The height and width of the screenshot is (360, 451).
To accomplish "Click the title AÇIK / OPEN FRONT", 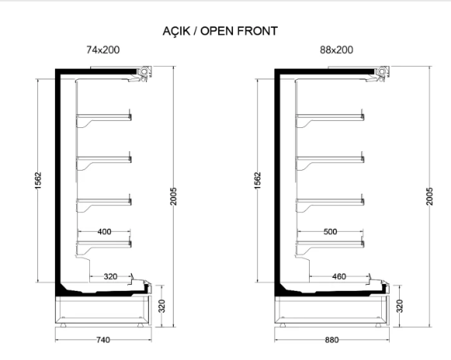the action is [x=220, y=31].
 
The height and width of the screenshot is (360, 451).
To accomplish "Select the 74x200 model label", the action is [x=103, y=50].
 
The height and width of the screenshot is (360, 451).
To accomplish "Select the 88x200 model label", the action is [x=337, y=50].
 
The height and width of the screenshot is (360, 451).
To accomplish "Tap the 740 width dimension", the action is [x=103, y=340].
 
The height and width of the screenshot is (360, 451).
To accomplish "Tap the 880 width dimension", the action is [x=332, y=340].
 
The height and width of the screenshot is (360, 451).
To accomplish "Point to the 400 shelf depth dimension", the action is [x=104, y=231].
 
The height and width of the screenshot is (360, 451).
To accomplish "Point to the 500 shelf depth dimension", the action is [x=330, y=231].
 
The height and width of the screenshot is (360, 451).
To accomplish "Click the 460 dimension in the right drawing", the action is [x=338, y=277].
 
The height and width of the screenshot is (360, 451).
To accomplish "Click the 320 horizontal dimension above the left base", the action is [x=110, y=277].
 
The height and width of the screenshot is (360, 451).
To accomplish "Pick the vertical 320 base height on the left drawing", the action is [x=162, y=306].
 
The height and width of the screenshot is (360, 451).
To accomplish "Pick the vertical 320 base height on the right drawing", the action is [x=400, y=306].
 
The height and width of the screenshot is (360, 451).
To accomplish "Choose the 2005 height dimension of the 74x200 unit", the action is [x=173, y=196].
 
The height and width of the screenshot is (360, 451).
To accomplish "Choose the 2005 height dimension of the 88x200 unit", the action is [x=429, y=196].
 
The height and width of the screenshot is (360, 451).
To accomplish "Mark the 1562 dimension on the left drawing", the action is [x=38, y=181].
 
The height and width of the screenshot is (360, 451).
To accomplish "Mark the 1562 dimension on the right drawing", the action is [x=258, y=181].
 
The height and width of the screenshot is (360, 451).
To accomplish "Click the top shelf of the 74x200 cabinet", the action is [x=103, y=116].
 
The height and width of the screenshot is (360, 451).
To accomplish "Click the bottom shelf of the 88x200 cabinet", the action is [x=330, y=244].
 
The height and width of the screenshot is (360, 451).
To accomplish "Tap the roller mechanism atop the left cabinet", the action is [x=144, y=72].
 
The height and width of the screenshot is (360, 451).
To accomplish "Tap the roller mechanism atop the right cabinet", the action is [x=382, y=72].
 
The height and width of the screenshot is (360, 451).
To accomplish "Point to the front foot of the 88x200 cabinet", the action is [x=380, y=325].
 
